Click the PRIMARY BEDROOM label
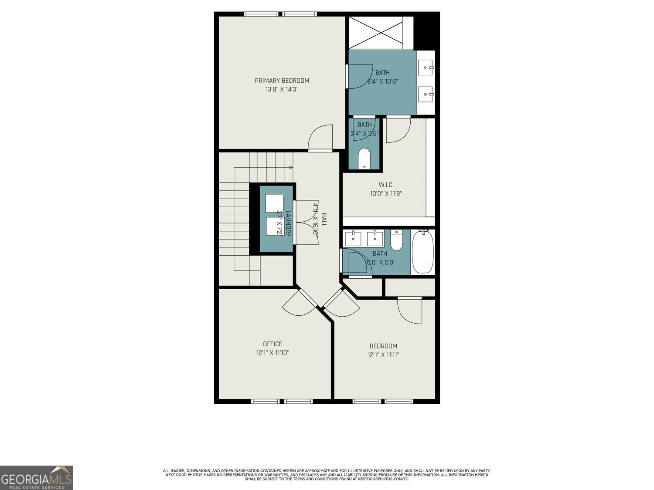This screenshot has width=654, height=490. (282, 81)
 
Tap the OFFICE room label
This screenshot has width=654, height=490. (272, 344)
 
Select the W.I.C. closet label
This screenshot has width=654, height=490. (386, 185)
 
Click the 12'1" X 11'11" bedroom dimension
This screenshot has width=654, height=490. (383, 355)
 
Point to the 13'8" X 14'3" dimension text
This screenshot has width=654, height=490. (282, 89)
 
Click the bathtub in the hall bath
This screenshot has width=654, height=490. (422, 252)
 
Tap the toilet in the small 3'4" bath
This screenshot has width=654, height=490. (364, 158)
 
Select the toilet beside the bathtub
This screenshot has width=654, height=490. (396, 240)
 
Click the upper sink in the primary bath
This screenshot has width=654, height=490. (425, 68)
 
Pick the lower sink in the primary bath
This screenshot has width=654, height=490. (425, 94)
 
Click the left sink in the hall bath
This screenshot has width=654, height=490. (353, 239)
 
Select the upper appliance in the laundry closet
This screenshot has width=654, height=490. (274, 203)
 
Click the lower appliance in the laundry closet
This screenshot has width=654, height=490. (274, 226)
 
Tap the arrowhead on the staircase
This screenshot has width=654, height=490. (291, 167)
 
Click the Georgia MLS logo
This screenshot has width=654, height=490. (37, 478)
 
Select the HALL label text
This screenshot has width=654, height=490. (324, 219)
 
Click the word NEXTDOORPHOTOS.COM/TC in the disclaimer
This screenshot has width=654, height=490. (383, 479)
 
